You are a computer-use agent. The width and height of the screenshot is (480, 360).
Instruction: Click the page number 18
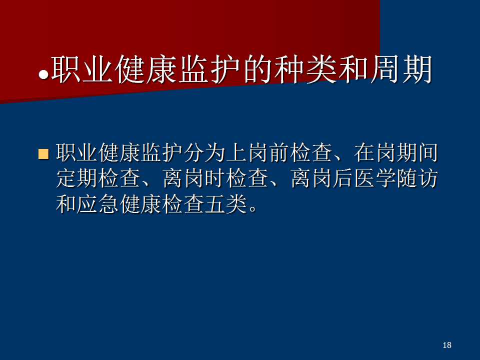tap(446, 345)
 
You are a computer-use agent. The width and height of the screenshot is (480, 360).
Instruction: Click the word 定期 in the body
tap(77, 178)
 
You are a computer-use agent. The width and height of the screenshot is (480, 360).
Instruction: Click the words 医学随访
tap(396, 178)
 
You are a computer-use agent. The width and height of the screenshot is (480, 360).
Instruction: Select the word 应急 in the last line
tap(98, 204)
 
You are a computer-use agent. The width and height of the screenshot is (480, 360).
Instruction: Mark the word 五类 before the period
tap(226, 204)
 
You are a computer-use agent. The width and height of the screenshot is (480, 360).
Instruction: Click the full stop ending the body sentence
tap(253, 209)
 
